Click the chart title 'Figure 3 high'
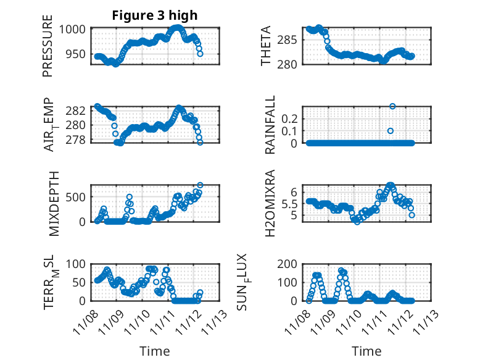pos(155,15)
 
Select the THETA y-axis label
pos(266,46)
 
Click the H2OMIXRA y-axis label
pos(270,203)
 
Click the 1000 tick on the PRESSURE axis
pos(77,29)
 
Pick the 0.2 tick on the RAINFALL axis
pos(292,118)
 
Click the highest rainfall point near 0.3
pos(392,106)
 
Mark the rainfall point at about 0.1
pos(390,131)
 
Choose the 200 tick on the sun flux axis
pos(292,264)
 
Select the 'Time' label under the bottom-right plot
pos(366,351)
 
